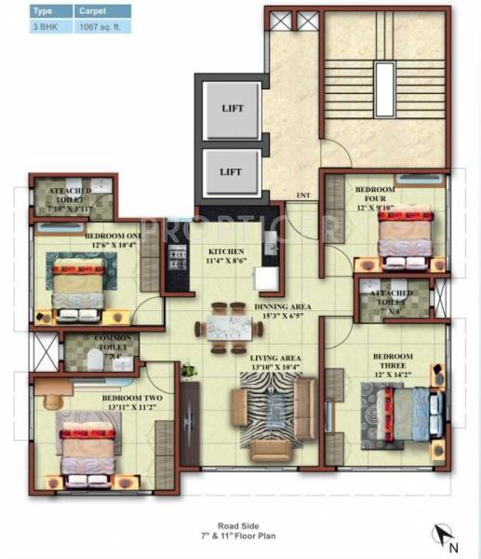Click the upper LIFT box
[232, 107]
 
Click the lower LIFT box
[232, 172]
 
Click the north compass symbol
[445, 535]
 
